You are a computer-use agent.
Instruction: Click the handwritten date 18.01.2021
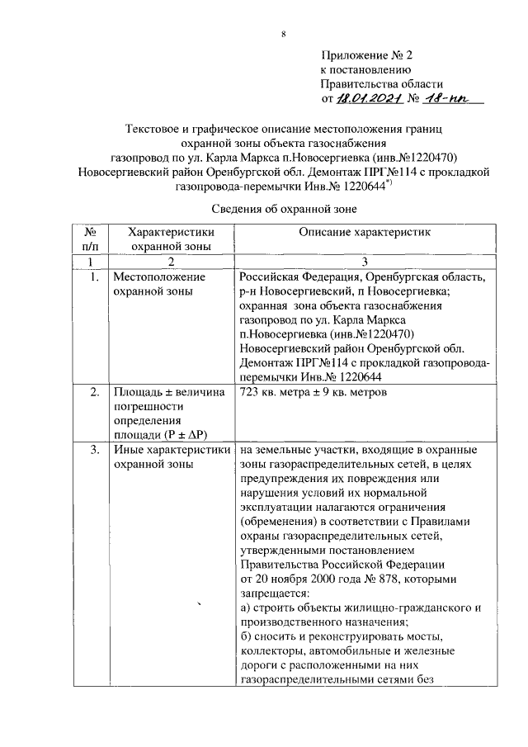pos(368,99)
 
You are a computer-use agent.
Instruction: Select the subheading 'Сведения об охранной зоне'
pos(284,210)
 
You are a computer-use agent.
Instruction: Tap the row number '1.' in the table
pos(94,278)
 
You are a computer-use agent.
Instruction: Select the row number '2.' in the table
pos(94,393)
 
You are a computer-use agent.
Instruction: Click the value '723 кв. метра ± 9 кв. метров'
pos(313,393)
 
